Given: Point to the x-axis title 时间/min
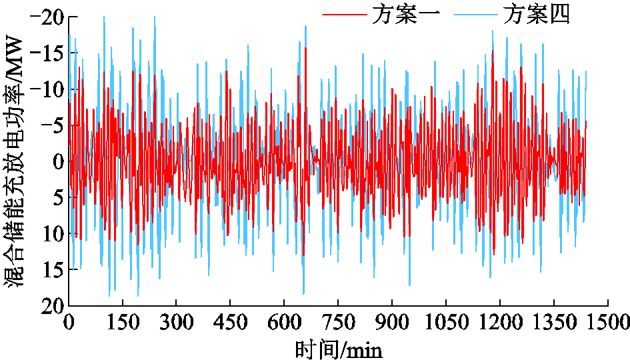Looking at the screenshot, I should (339, 347).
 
